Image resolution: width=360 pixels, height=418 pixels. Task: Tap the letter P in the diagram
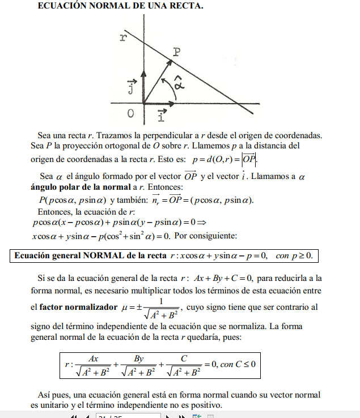[x=177, y=52]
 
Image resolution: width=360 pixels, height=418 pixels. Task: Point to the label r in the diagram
[x=123, y=37]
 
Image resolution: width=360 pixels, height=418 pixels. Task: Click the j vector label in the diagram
[x=131, y=87]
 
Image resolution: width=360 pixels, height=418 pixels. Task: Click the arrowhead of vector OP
[x=171, y=59]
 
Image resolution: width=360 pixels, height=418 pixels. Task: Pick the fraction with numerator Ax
[x=94, y=366]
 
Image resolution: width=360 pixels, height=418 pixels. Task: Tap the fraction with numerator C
[x=184, y=366]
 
